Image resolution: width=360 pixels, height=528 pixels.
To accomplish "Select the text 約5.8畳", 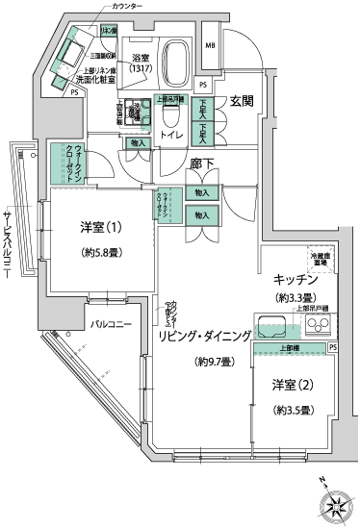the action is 100,255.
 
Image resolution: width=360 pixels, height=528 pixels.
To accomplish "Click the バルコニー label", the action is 112,324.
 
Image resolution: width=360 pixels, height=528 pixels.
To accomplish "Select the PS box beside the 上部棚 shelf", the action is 333,346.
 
